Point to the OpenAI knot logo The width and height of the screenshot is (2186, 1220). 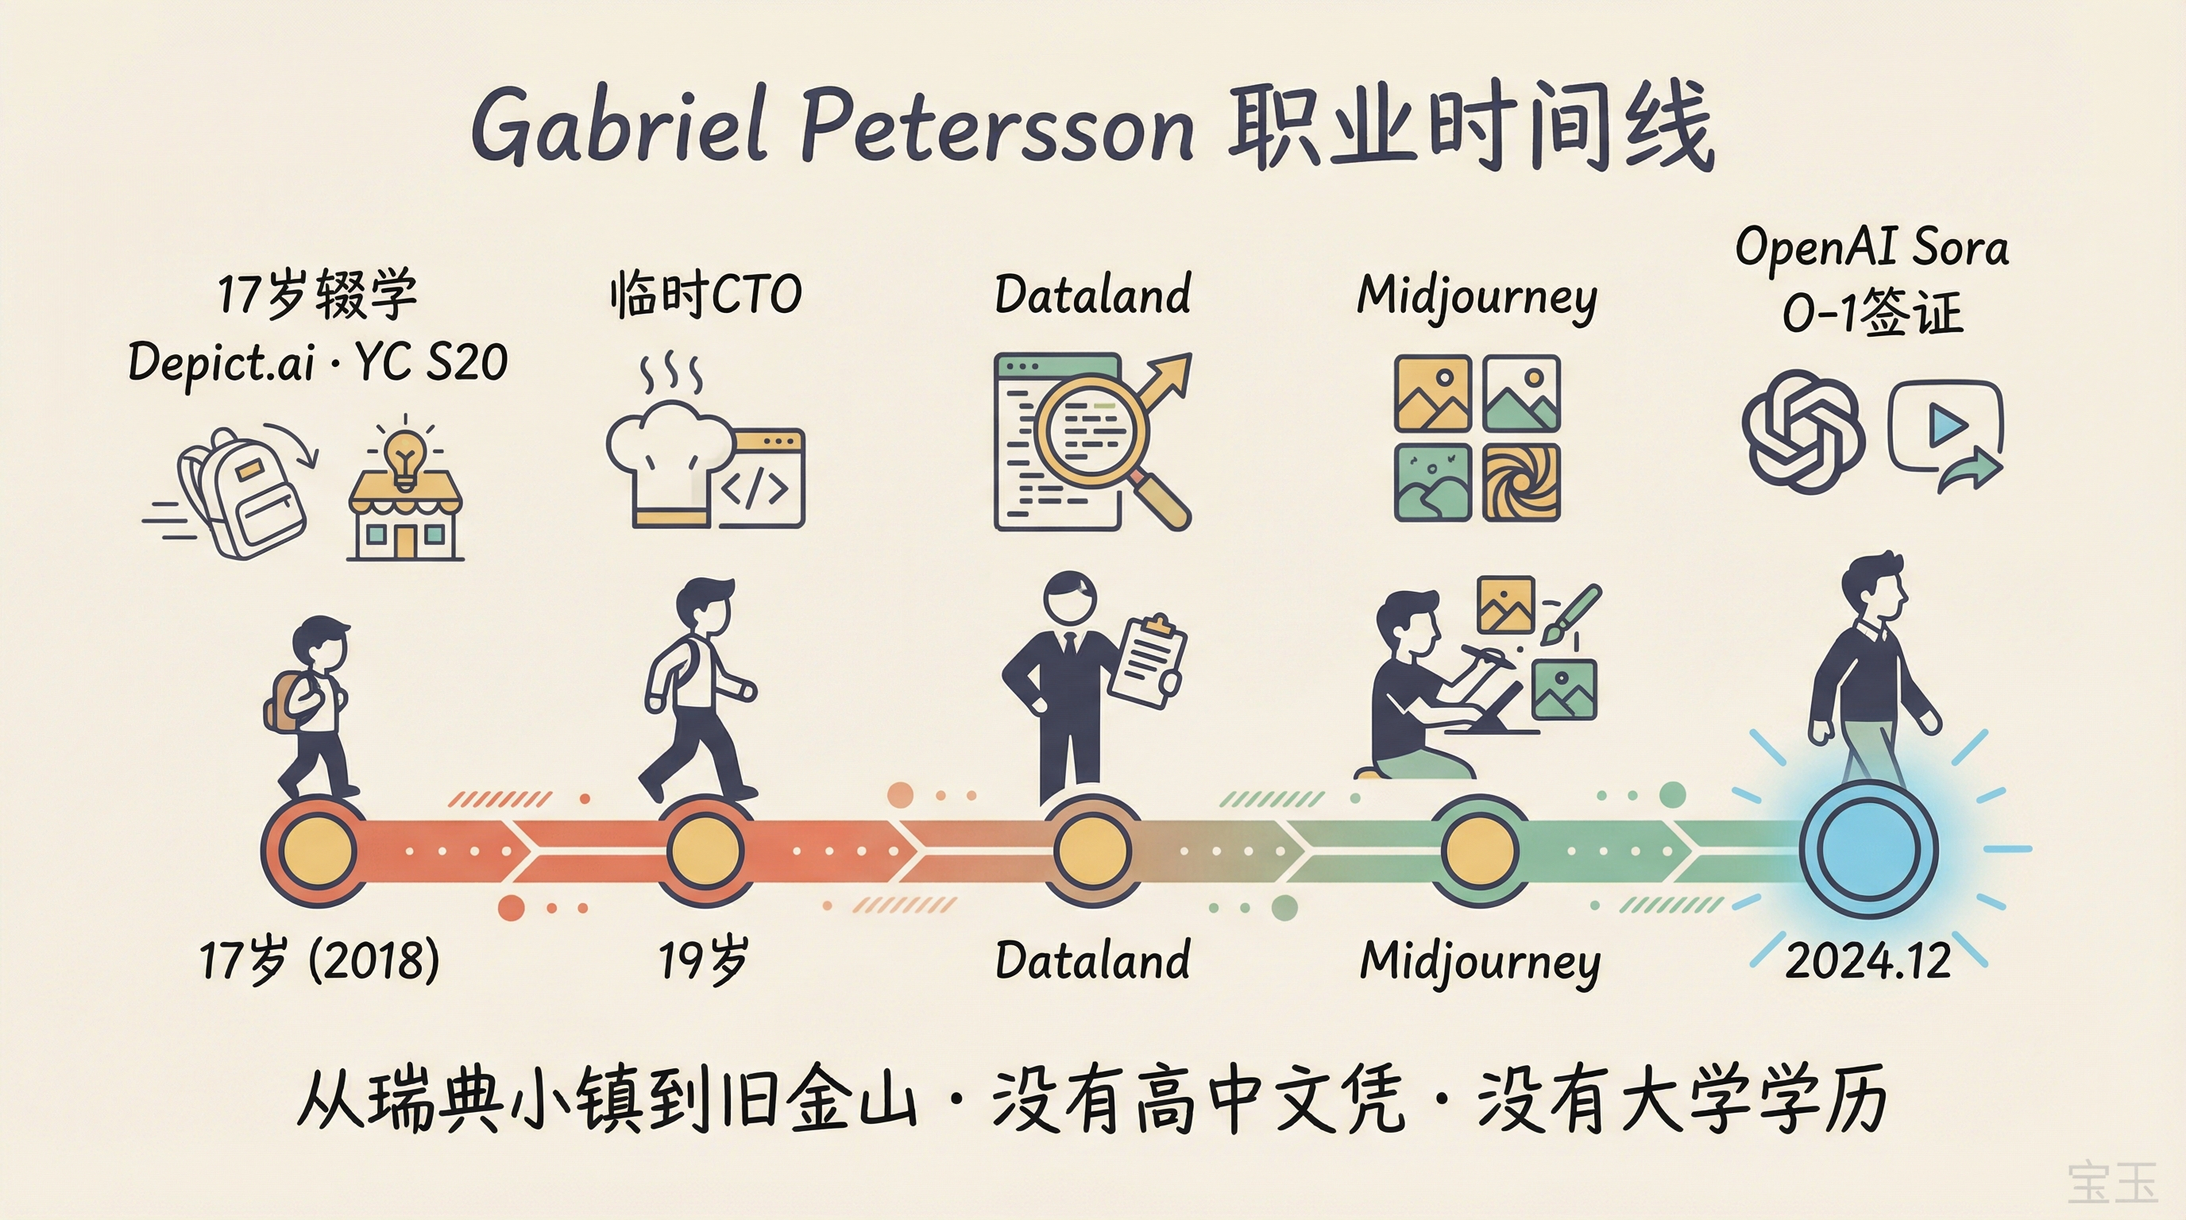click(x=1802, y=430)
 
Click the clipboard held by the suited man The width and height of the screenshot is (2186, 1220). click(x=1146, y=662)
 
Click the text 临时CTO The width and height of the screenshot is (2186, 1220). click(x=705, y=295)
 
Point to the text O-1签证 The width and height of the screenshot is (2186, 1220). click(x=1871, y=313)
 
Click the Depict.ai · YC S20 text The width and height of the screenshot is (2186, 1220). click(x=319, y=362)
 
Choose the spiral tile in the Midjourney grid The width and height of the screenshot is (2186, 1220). click(x=1520, y=482)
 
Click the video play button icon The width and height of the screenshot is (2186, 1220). click(x=1946, y=425)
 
